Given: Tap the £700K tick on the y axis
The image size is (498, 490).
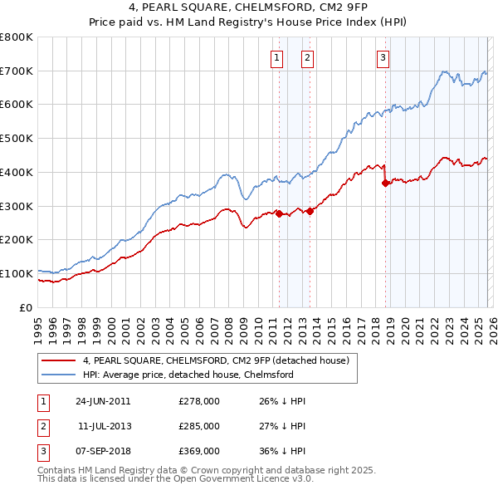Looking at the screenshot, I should pos(17,71).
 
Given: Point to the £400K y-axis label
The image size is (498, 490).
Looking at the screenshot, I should pos(17,173).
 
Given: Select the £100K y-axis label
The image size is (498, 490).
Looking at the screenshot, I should pos(17,273).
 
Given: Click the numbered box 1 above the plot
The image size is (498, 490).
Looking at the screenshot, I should pos(276,57).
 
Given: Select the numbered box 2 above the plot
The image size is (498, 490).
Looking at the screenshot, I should pos(307,57).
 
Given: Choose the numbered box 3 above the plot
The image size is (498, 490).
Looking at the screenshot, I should pos(383,57).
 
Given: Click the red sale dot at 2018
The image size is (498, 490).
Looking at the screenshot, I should pos(385,184).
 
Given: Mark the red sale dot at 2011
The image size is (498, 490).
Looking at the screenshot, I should pos(279,213).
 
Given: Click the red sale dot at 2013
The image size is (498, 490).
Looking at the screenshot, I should pos(310,211).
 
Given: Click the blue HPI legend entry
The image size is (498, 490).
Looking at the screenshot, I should pos(188,375).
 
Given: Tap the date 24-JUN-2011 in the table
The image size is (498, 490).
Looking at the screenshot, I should pos(103,401).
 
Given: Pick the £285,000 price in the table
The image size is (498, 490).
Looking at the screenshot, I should pos(199,426).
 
